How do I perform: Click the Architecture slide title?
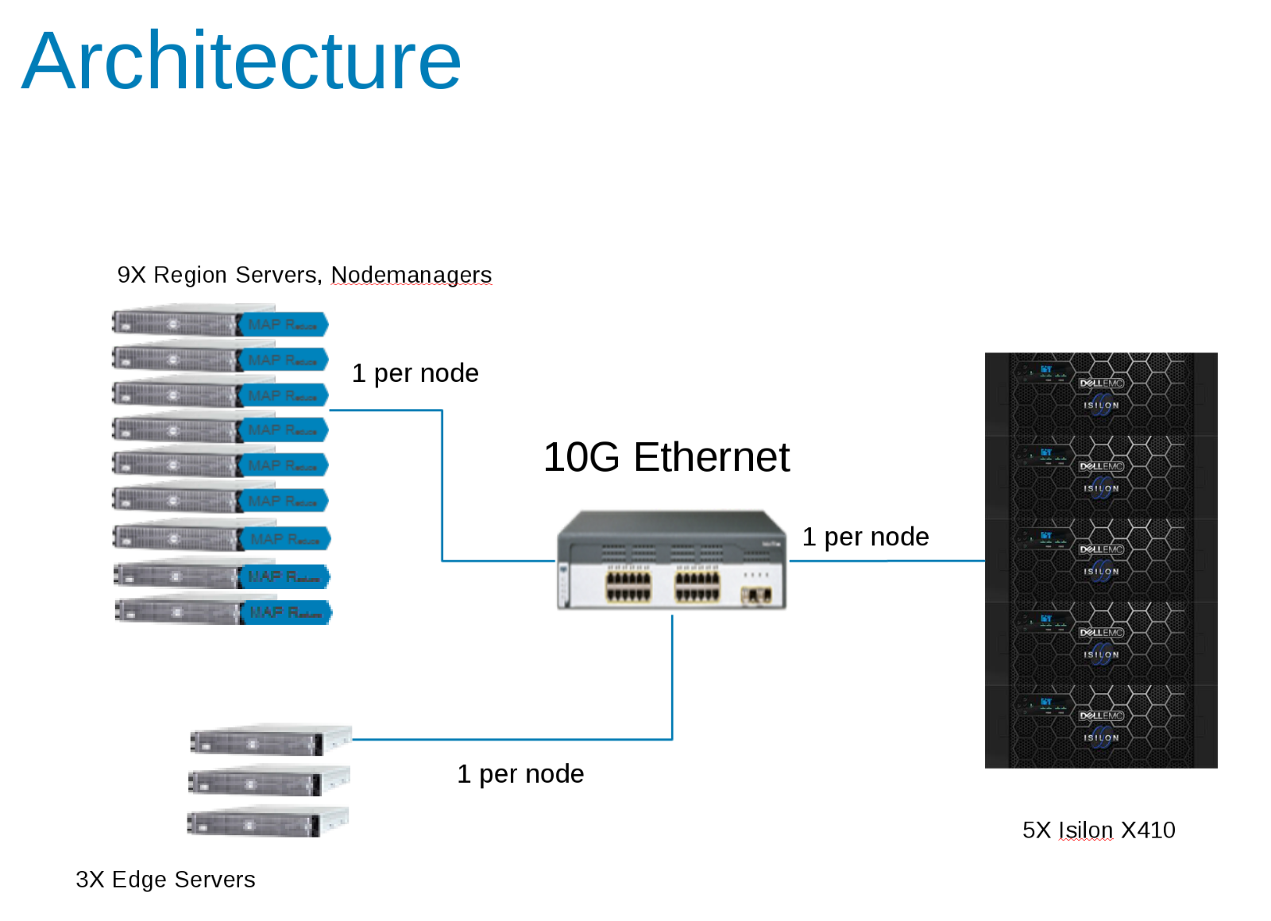pos(241,61)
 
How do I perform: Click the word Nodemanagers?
pos(411,275)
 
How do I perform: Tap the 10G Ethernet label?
pos(666,457)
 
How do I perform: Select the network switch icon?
pos(671,561)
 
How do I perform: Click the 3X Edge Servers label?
pos(165,880)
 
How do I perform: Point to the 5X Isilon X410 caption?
pos(1098,830)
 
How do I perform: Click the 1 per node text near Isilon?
pos(865,538)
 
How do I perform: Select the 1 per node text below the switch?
pos(520,774)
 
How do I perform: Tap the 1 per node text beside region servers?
pos(415,373)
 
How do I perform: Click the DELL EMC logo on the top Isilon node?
pos(1101,383)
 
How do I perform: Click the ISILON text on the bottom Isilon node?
pos(1101,738)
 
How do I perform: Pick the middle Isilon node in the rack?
pos(1101,561)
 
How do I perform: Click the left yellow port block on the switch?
pos(628,586)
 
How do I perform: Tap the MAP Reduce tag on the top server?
pos(283,325)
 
